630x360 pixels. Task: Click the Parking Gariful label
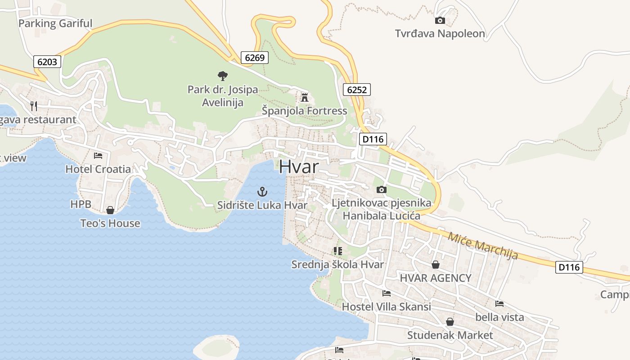pos(55,23)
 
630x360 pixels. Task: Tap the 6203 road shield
pos(47,62)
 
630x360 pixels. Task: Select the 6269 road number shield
pos(255,58)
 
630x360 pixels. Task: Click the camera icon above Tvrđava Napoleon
pos(440,20)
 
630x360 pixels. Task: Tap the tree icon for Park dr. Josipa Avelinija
pos(222,76)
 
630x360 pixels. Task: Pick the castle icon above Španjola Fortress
pos(305,97)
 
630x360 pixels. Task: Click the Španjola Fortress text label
pos(305,111)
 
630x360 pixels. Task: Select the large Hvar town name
pos(299,166)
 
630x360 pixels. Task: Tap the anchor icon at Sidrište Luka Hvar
pos(262,192)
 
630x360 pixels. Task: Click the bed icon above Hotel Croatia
pos(98,156)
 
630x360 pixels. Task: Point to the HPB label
pos(81,204)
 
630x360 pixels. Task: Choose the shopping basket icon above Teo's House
pos(110,210)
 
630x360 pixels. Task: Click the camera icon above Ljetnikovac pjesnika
pos(381,190)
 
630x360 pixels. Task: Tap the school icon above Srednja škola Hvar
pos(337,251)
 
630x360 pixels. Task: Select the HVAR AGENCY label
pos(436,278)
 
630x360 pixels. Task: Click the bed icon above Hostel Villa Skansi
pos(386,293)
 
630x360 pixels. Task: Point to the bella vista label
pos(499,317)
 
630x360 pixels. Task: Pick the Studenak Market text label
pos(450,335)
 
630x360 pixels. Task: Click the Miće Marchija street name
pos(482,245)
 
